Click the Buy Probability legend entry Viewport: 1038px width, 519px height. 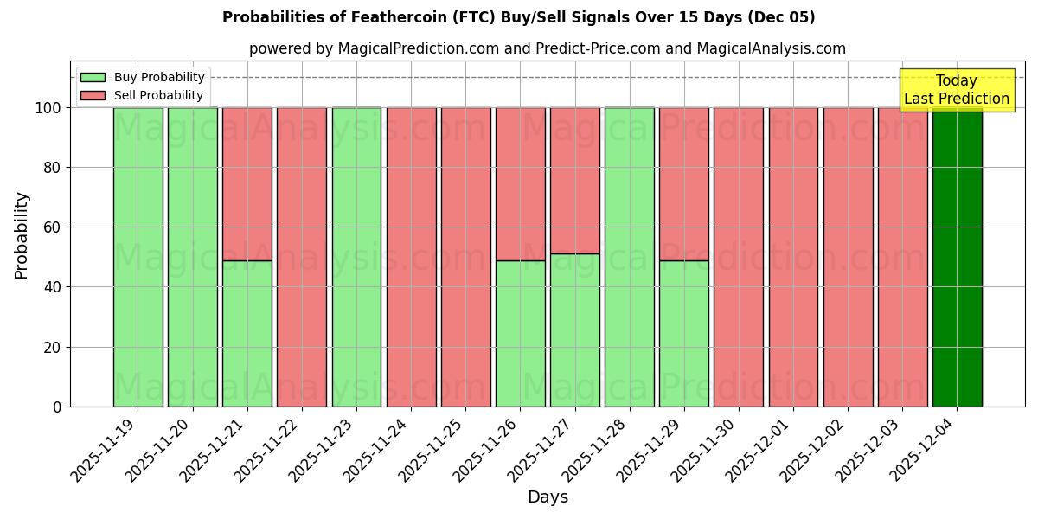pos(159,77)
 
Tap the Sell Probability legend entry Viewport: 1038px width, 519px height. pos(158,95)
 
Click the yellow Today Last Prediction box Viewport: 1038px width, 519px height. pos(956,90)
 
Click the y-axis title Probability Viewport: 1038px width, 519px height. pos(22,234)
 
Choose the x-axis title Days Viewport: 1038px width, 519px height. pos(548,497)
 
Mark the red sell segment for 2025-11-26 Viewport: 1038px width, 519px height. pos(521,183)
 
